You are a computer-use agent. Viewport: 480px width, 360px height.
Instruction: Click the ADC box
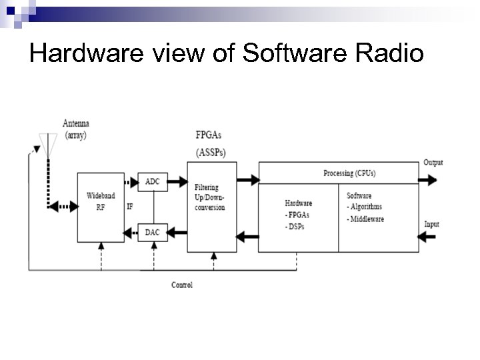pyautogui.click(x=152, y=181)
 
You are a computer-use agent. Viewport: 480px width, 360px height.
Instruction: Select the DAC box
pyautogui.click(x=152, y=232)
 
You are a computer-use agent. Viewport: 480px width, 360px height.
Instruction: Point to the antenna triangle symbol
pyautogui.click(x=48, y=144)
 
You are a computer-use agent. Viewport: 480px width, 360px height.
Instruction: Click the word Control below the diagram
pyautogui.click(x=182, y=285)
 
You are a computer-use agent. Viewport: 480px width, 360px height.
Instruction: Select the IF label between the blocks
pyautogui.click(x=130, y=207)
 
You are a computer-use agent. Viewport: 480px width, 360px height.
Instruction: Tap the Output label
pyautogui.click(x=433, y=163)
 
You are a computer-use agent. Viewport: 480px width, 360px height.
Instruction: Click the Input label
pyautogui.click(x=432, y=224)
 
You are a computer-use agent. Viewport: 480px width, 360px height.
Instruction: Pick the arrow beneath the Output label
pyautogui.click(x=429, y=179)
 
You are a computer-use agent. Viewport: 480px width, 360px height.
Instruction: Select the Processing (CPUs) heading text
pyautogui.click(x=349, y=173)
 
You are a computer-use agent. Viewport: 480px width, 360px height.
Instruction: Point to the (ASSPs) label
pyautogui.click(x=211, y=153)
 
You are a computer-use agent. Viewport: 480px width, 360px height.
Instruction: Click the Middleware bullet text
pyautogui.click(x=367, y=219)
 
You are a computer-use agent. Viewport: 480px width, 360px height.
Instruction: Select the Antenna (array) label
pyautogui.click(x=75, y=129)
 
